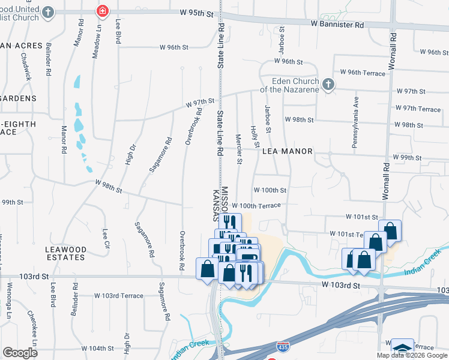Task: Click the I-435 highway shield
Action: (282, 347)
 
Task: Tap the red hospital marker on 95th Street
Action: (103, 11)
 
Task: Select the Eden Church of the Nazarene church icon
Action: (328, 85)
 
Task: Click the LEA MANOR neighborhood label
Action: (288, 151)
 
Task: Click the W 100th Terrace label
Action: (256, 205)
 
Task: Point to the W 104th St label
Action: (97, 348)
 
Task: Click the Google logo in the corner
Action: (19, 353)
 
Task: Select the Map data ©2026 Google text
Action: (412, 355)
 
